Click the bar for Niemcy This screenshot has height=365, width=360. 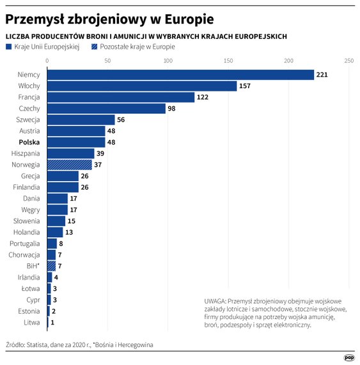180,75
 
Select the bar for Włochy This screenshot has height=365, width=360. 142,86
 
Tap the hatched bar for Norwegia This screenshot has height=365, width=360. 69,164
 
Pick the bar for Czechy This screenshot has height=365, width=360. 106,109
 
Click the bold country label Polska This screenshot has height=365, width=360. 29,142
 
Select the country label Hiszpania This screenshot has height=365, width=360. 26,153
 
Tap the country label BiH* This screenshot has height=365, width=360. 33,265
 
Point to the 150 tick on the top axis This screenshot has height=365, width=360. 228,61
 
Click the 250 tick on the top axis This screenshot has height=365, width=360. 348,61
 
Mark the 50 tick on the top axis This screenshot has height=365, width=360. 107,61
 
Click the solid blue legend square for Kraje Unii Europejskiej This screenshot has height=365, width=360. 8,47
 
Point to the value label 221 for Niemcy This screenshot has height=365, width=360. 322,75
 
